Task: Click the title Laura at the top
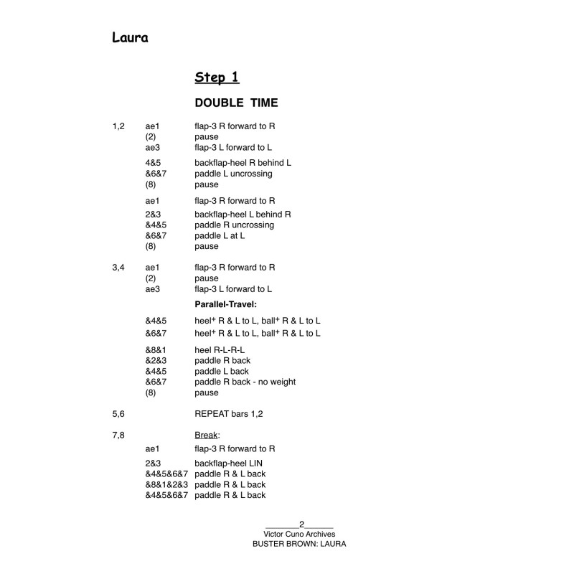[x=130, y=38]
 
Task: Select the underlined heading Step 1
[x=217, y=77]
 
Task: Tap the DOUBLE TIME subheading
[x=236, y=103]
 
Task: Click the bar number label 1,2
[x=118, y=126]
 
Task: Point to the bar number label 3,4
[x=118, y=267]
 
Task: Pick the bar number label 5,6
[x=118, y=414]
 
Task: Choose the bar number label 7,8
[x=118, y=436]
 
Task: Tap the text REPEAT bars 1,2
[x=235, y=414]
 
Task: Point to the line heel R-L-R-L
[x=219, y=349]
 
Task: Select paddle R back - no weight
[x=245, y=382]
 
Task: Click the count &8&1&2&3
[x=166, y=484]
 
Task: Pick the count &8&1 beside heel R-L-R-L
[x=156, y=349]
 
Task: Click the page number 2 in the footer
[x=301, y=524]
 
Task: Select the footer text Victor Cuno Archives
[x=299, y=534]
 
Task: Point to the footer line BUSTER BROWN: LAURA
[x=299, y=544]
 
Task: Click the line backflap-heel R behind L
[x=243, y=163]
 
